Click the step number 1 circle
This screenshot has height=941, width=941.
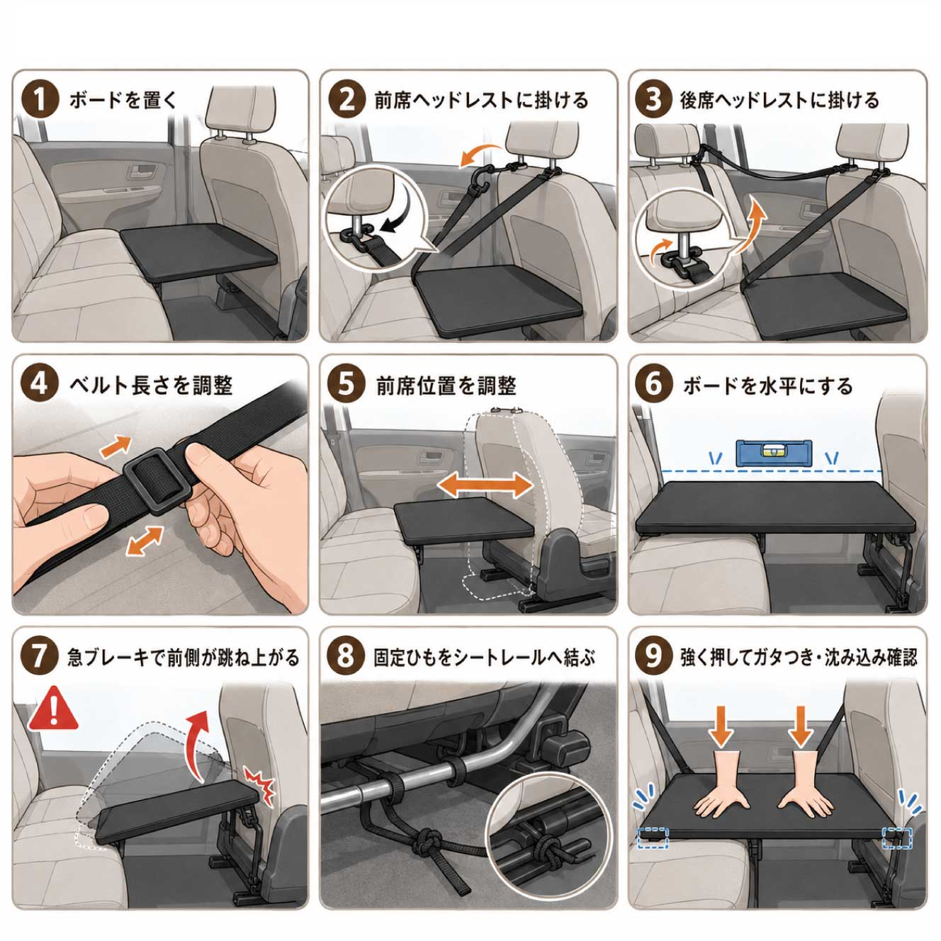[40, 100]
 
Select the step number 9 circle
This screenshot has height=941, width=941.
[653, 656]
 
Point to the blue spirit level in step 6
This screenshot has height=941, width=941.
[774, 452]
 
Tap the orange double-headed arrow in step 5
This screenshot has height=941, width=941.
[485, 485]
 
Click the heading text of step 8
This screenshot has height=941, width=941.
[485, 658]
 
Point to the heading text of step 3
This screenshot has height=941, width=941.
[780, 100]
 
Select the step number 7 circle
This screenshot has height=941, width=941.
[39, 656]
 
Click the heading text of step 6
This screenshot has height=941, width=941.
[767, 385]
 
